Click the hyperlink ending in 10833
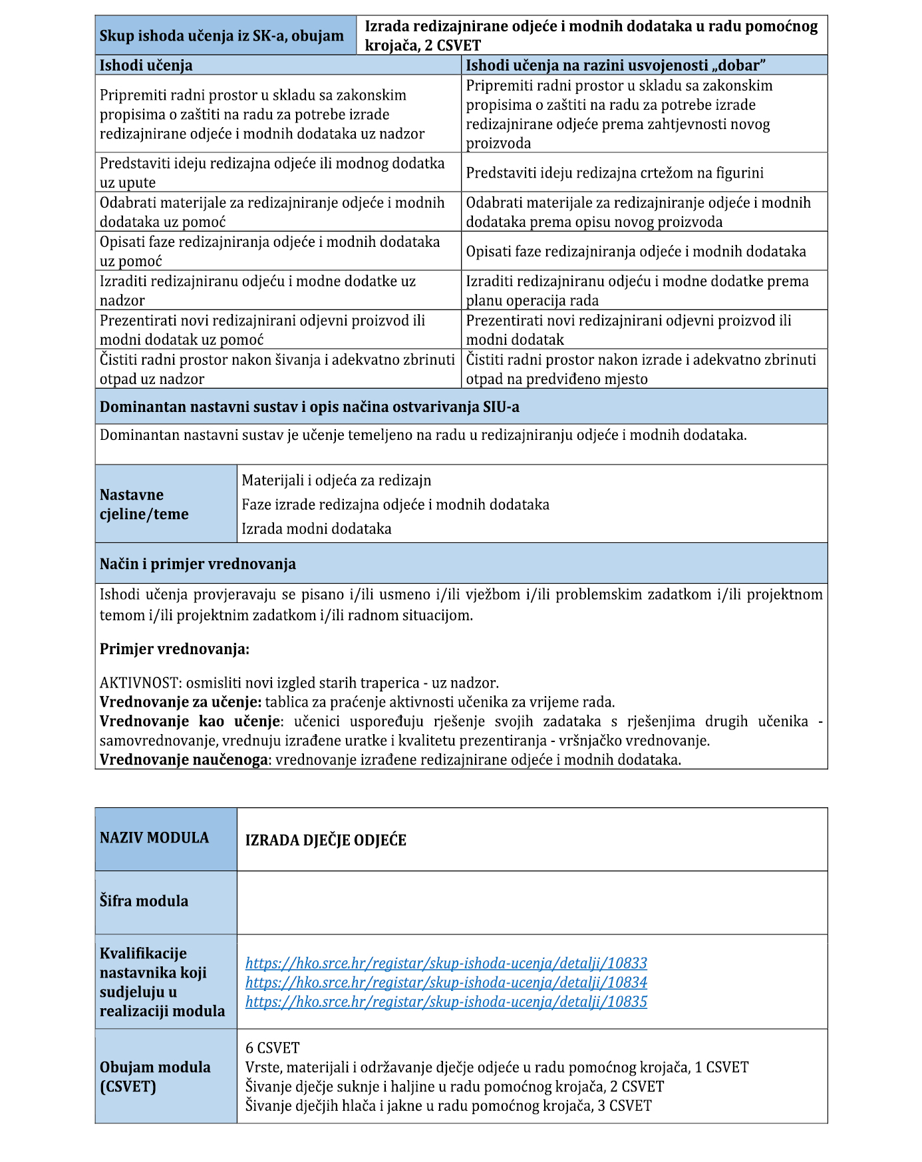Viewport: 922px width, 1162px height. click(x=446, y=963)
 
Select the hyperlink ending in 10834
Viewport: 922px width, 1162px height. click(x=446, y=982)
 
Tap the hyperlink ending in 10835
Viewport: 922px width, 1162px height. click(x=446, y=1002)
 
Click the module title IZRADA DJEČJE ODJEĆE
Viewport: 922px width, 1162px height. click(x=325, y=841)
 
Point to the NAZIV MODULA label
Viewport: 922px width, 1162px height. click(x=154, y=838)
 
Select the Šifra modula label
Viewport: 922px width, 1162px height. click(x=144, y=901)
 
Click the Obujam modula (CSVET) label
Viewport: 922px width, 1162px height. click(x=155, y=1077)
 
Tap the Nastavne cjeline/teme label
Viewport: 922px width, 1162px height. click(x=144, y=504)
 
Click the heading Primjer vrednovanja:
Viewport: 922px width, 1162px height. click(x=174, y=650)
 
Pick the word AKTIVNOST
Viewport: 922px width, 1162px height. click(x=139, y=683)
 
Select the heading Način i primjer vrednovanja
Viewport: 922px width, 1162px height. click(x=198, y=564)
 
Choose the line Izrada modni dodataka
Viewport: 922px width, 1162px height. click(x=316, y=529)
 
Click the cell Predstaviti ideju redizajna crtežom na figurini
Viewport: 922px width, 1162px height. click(x=615, y=173)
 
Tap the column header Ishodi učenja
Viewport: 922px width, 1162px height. click(x=146, y=65)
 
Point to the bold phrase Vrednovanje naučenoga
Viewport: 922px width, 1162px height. click(x=184, y=760)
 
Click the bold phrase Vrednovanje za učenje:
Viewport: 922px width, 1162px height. click(x=180, y=702)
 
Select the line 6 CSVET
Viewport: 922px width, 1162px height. click(x=272, y=1048)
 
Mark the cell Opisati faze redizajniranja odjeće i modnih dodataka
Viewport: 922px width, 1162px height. click(x=635, y=252)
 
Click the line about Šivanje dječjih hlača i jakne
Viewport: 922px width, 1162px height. click(x=448, y=1106)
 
